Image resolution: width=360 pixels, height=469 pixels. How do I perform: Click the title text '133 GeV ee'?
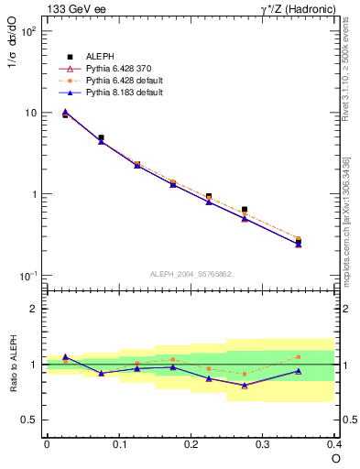tap(73, 9)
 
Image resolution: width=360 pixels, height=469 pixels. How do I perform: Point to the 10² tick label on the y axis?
tap(27, 31)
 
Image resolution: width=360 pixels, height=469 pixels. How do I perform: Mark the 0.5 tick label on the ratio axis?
tap(29, 420)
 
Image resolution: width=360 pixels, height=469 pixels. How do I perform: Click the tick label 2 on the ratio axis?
tap(34, 309)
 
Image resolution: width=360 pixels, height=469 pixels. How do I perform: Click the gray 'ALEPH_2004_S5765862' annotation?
tap(191, 274)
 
